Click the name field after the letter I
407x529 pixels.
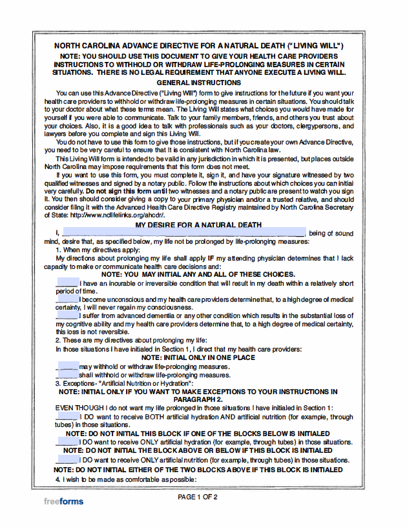(183, 233)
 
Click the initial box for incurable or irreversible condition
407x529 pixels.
(67, 283)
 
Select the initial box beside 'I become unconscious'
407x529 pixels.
(67, 299)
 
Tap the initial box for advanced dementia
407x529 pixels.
(67, 315)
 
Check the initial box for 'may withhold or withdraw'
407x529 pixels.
(67, 366)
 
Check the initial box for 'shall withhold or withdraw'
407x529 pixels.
(67, 375)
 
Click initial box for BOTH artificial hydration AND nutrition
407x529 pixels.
(67, 417)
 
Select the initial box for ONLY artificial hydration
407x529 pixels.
(67, 442)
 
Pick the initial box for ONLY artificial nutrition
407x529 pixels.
(67, 460)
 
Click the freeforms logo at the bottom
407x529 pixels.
(63, 501)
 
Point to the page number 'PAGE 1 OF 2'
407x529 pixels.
(198, 497)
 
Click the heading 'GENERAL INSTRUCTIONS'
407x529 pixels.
(199, 83)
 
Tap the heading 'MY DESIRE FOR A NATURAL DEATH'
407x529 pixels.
(199, 225)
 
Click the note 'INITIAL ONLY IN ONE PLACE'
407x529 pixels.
(199, 357)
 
